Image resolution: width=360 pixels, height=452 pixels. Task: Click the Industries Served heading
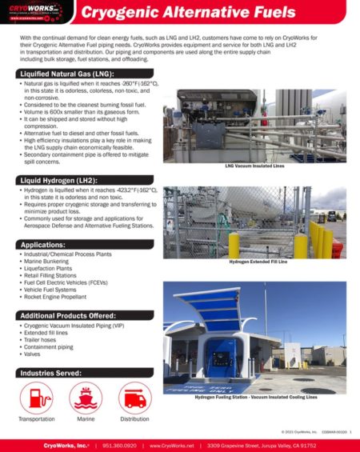coord(52,373)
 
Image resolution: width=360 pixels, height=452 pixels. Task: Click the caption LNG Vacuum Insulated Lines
coord(255,166)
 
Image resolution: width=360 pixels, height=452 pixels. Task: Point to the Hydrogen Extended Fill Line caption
coord(255,262)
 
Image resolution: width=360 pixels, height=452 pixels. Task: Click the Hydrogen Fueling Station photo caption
coord(255,396)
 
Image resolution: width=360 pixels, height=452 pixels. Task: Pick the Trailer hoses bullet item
coord(42,341)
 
